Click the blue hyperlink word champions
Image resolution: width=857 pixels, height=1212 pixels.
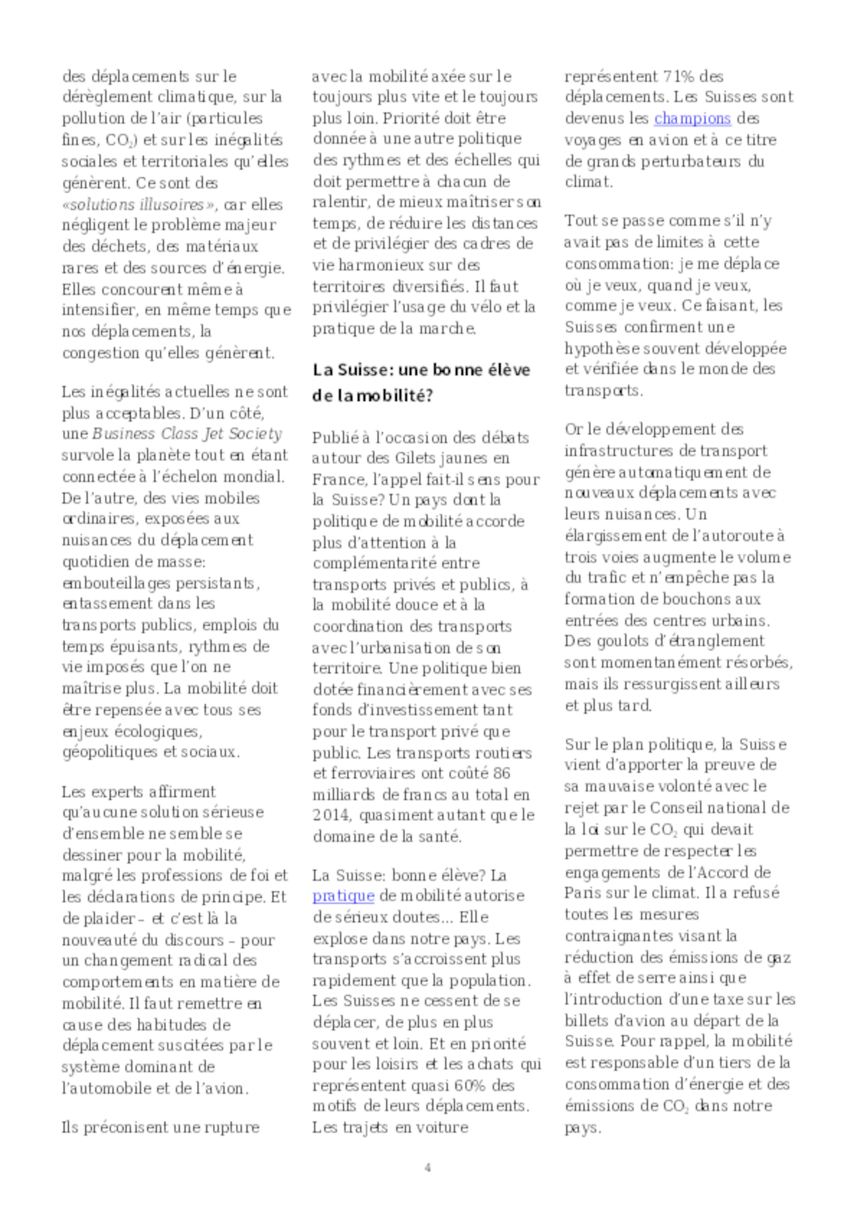coord(692,118)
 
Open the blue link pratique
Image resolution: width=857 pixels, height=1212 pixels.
coord(343,896)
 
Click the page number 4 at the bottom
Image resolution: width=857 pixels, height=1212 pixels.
coord(428,1167)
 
